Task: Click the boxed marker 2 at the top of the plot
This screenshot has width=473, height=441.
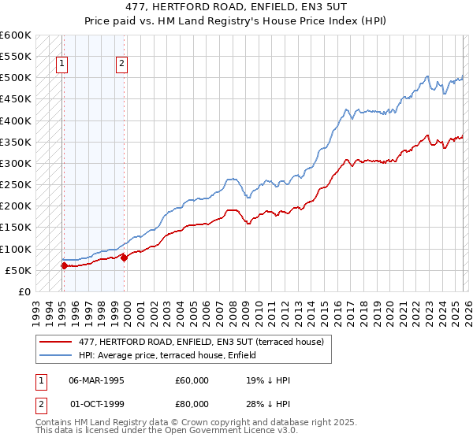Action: click(122, 65)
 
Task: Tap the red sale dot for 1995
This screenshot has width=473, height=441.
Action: click(64, 266)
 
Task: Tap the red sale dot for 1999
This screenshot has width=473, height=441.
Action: click(124, 258)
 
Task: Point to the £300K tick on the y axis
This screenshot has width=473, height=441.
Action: click(16, 164)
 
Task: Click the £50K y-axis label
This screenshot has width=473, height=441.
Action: click(18, 270)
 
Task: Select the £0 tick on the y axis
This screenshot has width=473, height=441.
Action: click(24, 291)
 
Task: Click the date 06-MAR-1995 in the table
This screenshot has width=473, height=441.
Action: click(97, 380)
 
